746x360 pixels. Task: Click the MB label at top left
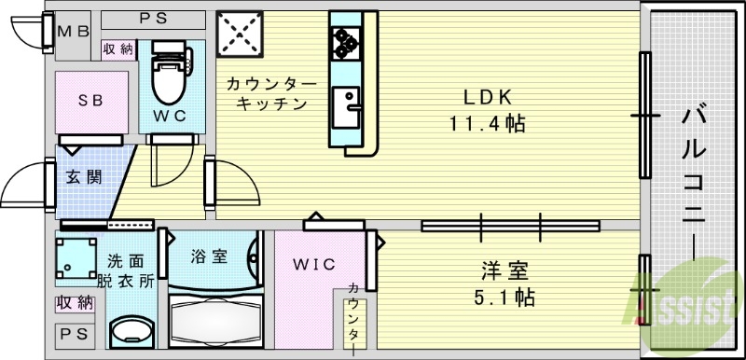pos(75,31)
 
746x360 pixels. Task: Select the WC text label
pos(172,116)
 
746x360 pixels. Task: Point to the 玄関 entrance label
pos(83,176)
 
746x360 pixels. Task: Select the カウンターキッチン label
pos(271,94)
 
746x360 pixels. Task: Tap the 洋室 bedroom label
pos(506,272)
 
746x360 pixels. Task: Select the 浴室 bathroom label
pos(208,256)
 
